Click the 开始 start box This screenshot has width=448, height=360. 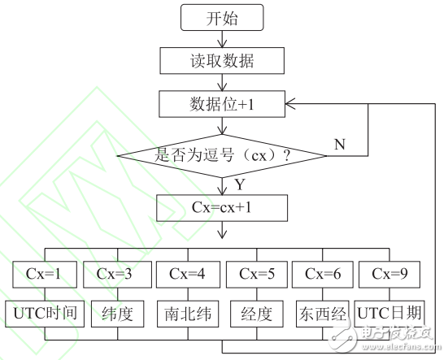click(x=223, y=17)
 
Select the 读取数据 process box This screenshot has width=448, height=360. click(x=223, y=60)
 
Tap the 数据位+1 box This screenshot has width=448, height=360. click(x=223, y=103)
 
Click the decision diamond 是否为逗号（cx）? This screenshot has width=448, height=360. click(x=223, y=152)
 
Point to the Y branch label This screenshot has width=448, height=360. click(x=240, y=185)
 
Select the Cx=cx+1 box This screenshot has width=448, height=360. click(x=223, y=209)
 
